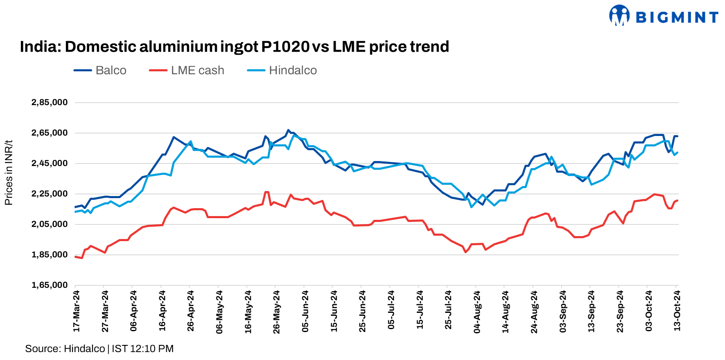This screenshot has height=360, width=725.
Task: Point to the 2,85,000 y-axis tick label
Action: pyautogui.click(x=50, y=103)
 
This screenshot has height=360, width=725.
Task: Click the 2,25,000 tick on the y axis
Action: pyautogui.click(x=50, y=194)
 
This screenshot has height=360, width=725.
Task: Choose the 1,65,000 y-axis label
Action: pyautogui.click(x=50, y=285)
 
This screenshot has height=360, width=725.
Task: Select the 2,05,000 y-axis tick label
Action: pyautogui.click(x=50, y=224)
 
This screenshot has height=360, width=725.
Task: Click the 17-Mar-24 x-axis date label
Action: pyautogui.click(x=76, y=311)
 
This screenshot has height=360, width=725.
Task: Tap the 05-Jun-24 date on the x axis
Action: pyautogui.click(x=305, y=311)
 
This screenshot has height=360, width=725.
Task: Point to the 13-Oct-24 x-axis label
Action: pyautogui.click(x=677, y=311)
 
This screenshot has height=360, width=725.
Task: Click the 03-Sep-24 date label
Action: pyautogui.click(x=563, y=311)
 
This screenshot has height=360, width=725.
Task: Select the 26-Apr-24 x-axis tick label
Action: pyautogui.click(x=191, y=311)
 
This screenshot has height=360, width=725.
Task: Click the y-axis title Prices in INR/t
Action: pyautogui.click(x=9, y=173)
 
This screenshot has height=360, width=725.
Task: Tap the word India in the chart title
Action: pyautogui.click(x=36, y=47)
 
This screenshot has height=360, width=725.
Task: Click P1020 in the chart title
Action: pyautogui.click(x=285, y=47)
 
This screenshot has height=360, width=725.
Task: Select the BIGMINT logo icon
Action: pyautogui.click(x=619, y=16)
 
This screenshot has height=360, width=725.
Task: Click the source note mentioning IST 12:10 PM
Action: pyautogui.click(x=99, y=349)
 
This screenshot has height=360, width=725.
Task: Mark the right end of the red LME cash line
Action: pyautogui.click(x=677, y=200)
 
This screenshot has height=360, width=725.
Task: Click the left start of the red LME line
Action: pyautogui.click(x=75, y=257)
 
